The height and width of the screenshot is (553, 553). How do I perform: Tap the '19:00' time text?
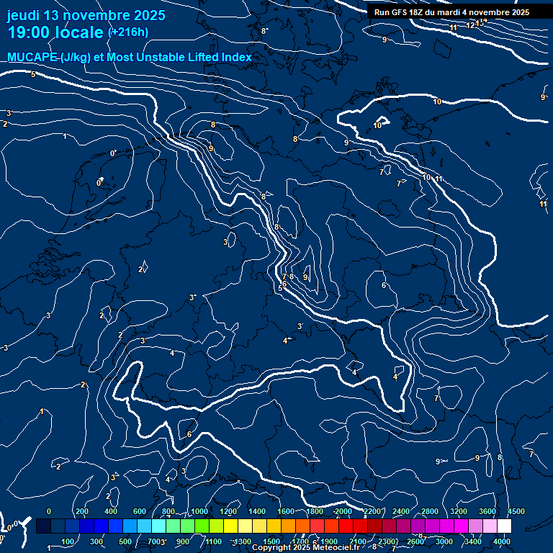point(32,33)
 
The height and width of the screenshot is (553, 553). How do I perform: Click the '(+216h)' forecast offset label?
point(128,32)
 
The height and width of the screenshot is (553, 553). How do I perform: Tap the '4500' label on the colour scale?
point(516,511)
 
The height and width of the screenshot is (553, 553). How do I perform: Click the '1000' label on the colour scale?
point(199,511)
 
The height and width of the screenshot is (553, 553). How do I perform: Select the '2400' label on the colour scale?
point(401,511)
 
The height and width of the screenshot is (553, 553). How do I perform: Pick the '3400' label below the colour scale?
point(473,541)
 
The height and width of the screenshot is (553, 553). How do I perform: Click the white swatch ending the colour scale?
point(504,526)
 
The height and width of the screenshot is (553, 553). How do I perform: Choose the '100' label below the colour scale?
point(69,541)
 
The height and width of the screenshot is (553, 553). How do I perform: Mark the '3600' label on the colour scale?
point(487,511)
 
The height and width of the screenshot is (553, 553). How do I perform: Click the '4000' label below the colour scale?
point(502,541)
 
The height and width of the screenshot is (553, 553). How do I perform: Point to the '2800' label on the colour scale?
point(430,511)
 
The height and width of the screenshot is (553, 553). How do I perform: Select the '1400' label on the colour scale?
point(257,511)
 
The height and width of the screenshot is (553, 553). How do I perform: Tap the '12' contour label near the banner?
point(470,25)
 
